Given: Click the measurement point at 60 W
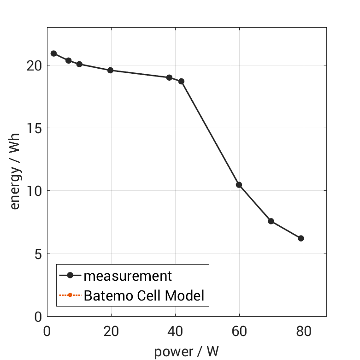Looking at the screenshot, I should pyautogui.click(x=239, y=185).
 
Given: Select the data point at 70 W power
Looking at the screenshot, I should pyautogui.click(x=271, y=221).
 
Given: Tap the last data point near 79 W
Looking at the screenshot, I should pyautogui.click(x=301, y=238).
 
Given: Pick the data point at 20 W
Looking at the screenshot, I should pyautogui.click(x=110, y=71).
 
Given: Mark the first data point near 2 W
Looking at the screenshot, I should pyautogui.click(x=53, y=53).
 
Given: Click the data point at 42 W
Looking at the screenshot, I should pyautogui.click(x=181, y=81).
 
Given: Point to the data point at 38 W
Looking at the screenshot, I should pyautogui.click(x=169, y=77).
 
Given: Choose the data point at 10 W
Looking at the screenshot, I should pyautogui.click(x=79, y=64).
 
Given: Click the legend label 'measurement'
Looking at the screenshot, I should pyautogui.click(x=128, y=276).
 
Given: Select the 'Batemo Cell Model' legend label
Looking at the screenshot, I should pyautogui.click(x=144, y=295).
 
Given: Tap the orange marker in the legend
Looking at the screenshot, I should pyautogui.click(x=70, y=295).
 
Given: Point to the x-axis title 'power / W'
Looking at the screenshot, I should pyautogui.click(x=186, y=352).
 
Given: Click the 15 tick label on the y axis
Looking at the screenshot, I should pyautogui.click(x=34, y=128).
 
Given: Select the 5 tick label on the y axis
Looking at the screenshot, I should pyautogui.click(x=37, y=254).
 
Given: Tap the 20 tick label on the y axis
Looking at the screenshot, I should pyautogui.click(x=34, y=65).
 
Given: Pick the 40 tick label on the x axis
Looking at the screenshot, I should pyautogui.click(x=175, y=331).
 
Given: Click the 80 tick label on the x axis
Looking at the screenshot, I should pyautogui.click(x=304, y=331).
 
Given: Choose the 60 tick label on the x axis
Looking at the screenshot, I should pyautogui.click(x=239, y=331).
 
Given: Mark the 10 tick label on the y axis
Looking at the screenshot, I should pyautogui.click(x=34, y=191).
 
